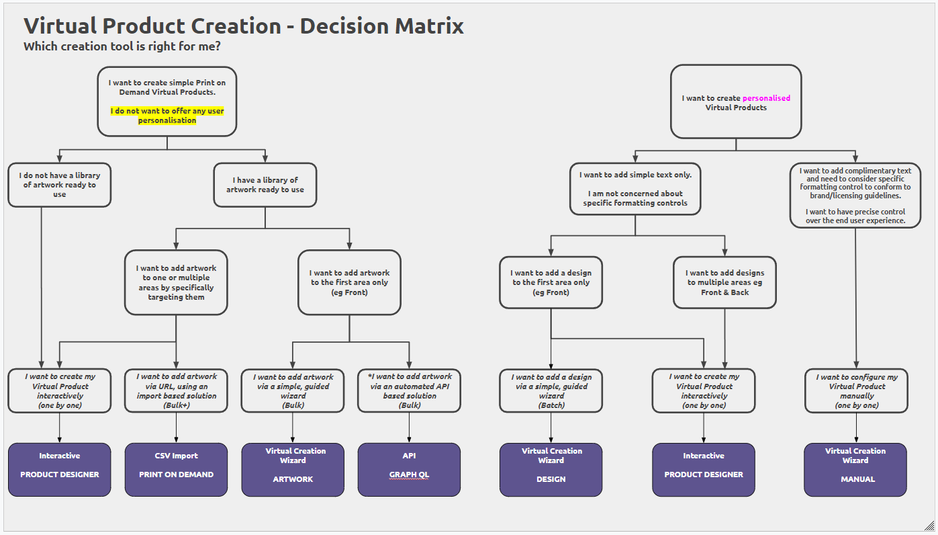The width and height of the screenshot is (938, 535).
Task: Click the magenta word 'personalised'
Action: [766, 98]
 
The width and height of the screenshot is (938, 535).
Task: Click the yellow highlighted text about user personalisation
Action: [167, 116]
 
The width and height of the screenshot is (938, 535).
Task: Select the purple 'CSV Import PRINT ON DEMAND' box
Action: [177, 470]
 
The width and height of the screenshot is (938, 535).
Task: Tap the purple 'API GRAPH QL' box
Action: [409, 470]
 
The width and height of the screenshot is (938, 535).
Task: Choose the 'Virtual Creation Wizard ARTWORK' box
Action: [293, 470]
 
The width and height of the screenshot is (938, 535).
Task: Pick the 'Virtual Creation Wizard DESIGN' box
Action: [551, 470]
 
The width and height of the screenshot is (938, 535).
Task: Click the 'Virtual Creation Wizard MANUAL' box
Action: [855, 470]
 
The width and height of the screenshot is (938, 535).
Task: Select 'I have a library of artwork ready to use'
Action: [265, 185]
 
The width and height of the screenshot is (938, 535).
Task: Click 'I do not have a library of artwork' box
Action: [60, 185]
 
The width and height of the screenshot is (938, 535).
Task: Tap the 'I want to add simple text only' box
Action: [635, 189]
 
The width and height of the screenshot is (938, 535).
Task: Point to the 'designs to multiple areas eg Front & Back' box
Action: [725, 282]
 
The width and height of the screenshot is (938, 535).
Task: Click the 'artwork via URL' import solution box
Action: [177, 390]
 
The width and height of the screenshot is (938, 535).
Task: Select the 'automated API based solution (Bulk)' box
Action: [409, 390]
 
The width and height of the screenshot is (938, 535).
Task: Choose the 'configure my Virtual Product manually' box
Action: [856, 390]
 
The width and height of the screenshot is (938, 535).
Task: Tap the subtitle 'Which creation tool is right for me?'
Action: [122, 46]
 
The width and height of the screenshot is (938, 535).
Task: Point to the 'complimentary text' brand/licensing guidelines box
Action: [855, 196]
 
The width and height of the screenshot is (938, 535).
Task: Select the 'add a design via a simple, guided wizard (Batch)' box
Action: [551, 390]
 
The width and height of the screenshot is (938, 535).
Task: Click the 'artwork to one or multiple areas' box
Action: [177, 282]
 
